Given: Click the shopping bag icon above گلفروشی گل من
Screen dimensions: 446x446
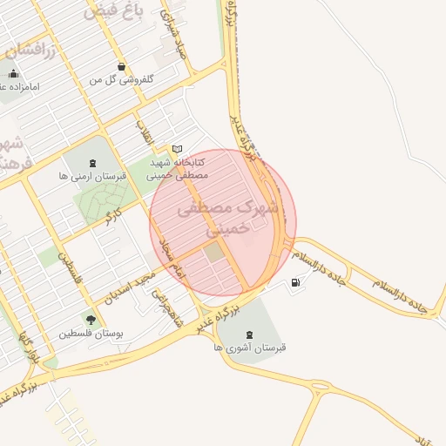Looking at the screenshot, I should point(121,67).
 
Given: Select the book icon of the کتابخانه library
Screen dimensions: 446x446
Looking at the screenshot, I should point(178,149).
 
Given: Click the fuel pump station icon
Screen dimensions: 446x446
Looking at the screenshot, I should point(297,282).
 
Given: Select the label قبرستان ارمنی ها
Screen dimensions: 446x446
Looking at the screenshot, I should point(92,175).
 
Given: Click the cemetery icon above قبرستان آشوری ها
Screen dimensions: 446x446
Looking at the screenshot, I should point(250,334).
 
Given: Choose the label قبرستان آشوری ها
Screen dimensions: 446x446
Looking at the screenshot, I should point(250,347).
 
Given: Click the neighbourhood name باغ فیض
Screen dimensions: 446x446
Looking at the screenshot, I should point(109,13).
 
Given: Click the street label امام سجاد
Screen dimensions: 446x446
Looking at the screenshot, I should point(172,253).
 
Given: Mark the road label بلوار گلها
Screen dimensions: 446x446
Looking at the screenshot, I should point(28,346).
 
